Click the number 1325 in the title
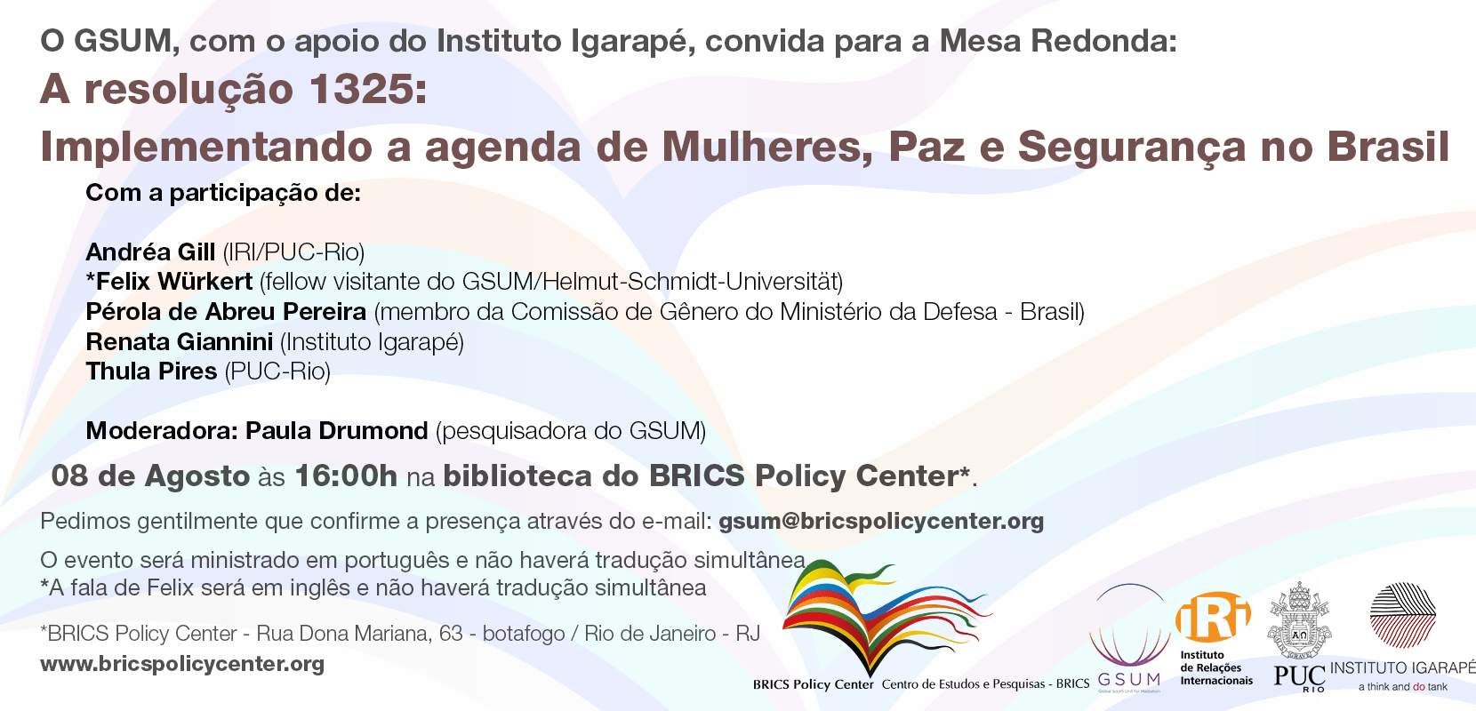pyautogui.click(x=359, y=89)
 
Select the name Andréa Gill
pyautogui.click(x=150, y=252)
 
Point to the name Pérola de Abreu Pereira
pyautogui.click(x=226, y=311)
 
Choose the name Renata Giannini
pyautogui.click(x=180, y=341)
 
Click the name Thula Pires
pyautogui.click(x=151, y=371)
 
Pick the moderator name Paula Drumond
pyautogui.click(x=337, y=430)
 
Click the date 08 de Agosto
pyautogui.click(x=150, y=476)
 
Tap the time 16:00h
pyautogui.click(x=346, y=476)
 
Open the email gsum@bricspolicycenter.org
pyautogui.click(x=881, y=522)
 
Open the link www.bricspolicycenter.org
pyautogui.click(x=182, y=664)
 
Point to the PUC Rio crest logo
pyautogui.click(x=1299, y=636)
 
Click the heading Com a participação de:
pyautogui.click(x=223, y=193)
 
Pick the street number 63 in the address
pyautogui.click(x=452, y=634)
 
